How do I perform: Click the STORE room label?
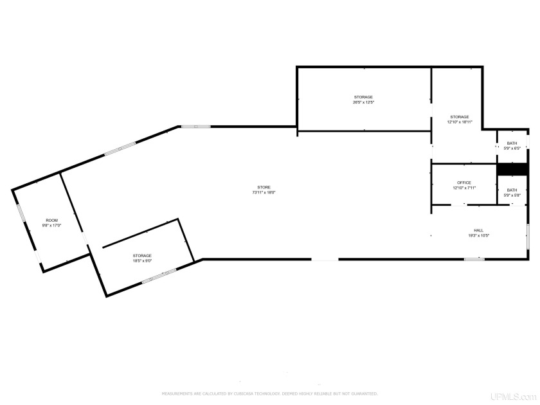[x=260, y=187]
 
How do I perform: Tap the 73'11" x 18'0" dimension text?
[x=260, y=193]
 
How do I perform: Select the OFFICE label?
[x=464, y=183]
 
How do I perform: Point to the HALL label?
[x=478, y=230]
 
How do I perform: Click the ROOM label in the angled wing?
[x=51, y=221]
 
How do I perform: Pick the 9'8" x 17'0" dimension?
[x=51, y=226]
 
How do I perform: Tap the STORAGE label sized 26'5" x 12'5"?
[x=363, y=97]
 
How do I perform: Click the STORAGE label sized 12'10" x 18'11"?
[x=460, y=116]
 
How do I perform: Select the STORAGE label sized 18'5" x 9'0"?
[x=142, y=255]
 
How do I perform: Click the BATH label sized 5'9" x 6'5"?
[x=512, y=143]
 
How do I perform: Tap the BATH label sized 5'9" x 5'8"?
[x=512, y=190]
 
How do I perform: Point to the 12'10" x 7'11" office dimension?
[x=464, y=188]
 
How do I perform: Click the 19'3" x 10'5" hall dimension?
[x=478, y=236]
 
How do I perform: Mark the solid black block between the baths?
[x=512, y=169]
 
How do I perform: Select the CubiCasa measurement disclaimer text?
[x=269, y=393]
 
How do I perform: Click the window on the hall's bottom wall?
[x=474, y=259]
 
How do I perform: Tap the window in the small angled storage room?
[x=159, y=276]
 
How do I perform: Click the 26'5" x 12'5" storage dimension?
[x=363, y=103]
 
